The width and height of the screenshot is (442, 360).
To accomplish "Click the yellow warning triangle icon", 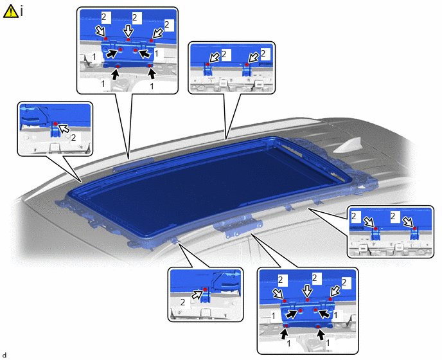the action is coord(10,12).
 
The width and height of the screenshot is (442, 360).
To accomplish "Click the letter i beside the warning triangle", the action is coord(21,12).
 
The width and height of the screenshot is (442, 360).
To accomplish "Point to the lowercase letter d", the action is coord(4,355).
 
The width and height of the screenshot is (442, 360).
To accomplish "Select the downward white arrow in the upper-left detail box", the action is coord(128,30).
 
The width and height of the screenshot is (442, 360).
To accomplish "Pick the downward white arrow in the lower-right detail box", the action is coord(308,291).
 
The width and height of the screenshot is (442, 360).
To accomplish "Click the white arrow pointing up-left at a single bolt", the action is coord(64,129).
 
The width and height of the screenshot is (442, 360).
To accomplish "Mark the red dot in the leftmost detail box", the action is coord(56,124).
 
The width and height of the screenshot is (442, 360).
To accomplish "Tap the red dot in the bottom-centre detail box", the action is coord(205,289).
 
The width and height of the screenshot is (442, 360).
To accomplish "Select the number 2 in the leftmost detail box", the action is coord(74,138).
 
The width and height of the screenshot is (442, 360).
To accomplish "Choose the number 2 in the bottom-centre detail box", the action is coord(182,302).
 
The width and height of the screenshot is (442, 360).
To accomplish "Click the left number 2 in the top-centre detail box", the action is coord(224,53).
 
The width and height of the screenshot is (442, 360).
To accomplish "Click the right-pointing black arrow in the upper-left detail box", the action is coord(112,53).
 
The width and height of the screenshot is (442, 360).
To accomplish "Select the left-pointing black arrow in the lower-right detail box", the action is coord(324,313).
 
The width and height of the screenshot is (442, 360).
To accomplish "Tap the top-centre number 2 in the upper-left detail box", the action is coord(135,17).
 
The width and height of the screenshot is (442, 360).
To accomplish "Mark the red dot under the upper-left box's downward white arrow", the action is coord(128,40).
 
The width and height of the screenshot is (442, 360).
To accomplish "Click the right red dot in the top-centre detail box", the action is coord(247,65).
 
